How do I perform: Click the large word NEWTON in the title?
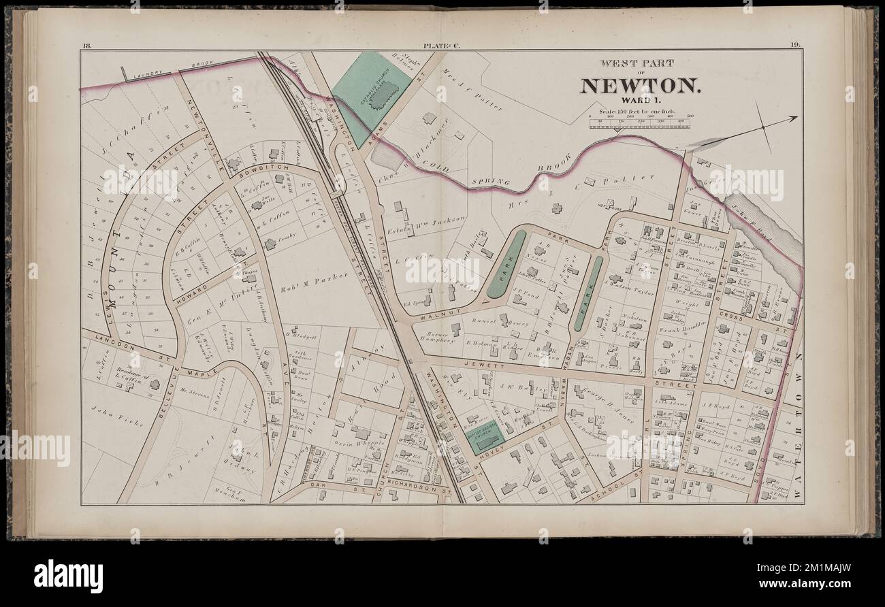639,86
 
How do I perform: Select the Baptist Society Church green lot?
485,440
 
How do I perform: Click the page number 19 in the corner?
795,46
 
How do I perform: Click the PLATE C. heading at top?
441,46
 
